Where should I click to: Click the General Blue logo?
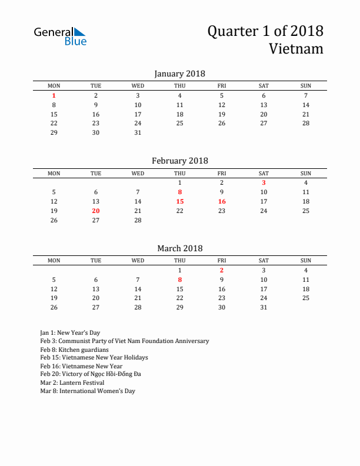(60, 36)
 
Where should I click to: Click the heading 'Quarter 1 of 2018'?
(265, 31)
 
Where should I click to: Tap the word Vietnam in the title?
(296, 48)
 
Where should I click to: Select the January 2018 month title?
(179, 74)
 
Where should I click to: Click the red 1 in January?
(54, 95)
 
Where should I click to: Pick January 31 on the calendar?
(138, 132)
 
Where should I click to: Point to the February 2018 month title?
(179, 161)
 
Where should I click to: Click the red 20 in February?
(96, 211)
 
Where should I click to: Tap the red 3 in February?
(264, 182)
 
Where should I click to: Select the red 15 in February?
(180, 201)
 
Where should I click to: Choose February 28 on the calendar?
(138, 220)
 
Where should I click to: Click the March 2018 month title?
(179, 248)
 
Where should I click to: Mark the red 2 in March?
(222, 270)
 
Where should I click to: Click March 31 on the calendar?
(264, 307)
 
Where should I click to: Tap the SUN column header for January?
(306, 86)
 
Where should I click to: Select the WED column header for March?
(138, 261)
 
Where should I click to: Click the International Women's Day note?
(88, 391)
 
